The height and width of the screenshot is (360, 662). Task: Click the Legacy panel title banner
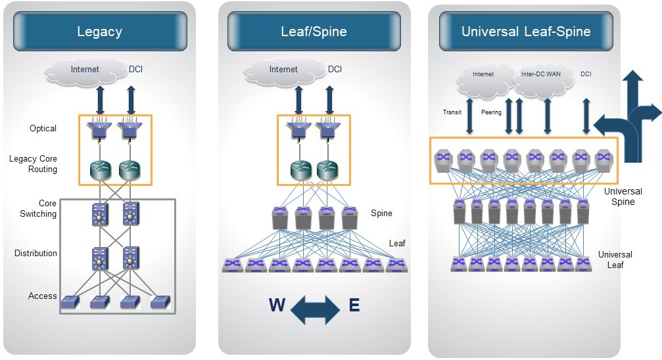[99, 31]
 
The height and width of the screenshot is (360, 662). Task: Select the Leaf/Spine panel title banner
[314, 31]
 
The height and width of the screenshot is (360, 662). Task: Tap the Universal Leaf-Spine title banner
[525, 31]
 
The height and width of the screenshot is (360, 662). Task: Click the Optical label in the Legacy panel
[43, 128]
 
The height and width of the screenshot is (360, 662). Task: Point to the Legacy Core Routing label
[34, 164]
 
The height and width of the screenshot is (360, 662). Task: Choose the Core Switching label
[38, 209]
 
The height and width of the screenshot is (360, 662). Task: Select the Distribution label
[36, 253]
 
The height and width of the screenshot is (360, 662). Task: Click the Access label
[43, 296]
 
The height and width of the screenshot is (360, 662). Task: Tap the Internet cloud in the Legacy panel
[85, 69]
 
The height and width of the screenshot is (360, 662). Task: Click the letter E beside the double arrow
[354, 305]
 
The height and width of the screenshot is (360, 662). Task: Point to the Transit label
[453, 112]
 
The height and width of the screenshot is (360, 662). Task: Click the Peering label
[491, 112]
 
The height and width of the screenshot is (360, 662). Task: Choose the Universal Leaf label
[615, 259]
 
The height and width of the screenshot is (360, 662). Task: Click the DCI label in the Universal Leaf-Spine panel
[586, 74]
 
